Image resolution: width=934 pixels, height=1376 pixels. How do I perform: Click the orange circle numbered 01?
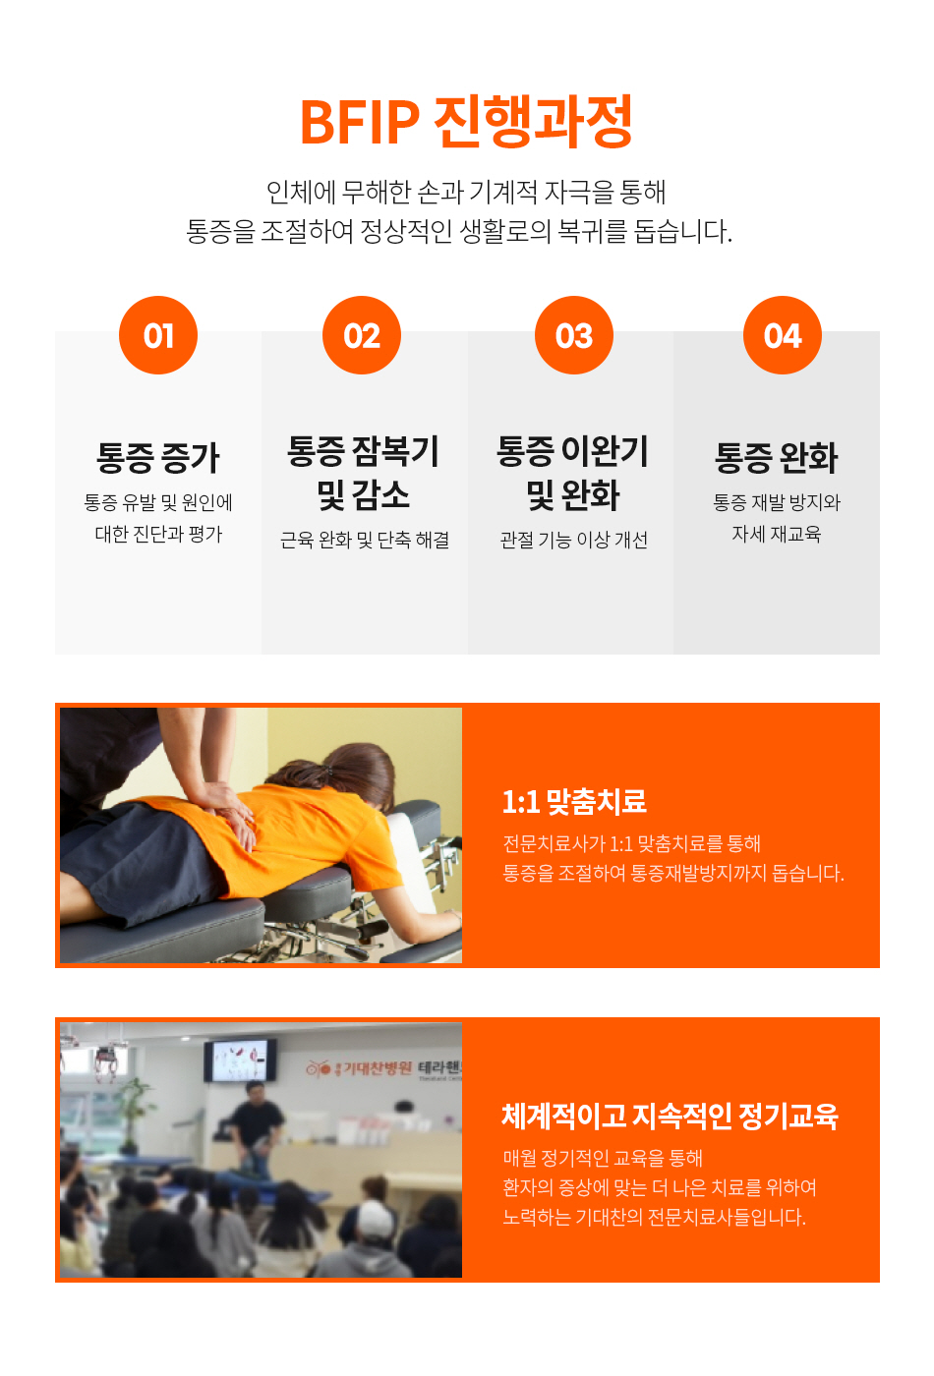pyautogui.click(x=158, y=335)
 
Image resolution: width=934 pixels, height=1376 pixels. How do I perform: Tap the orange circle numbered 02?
pyautogui.click(x=362, y=335)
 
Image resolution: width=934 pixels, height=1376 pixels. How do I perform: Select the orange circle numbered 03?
pyautogui.click(x=574, y=335)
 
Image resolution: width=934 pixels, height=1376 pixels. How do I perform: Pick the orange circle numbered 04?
pyautogui.click(x=783, y=335)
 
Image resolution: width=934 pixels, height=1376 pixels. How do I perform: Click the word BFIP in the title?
pyautogui.click(x=360, y=122)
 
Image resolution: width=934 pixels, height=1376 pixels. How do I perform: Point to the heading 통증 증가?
pyautogui.click(x=158, y=458)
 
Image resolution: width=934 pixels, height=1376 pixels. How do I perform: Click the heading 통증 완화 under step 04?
pyautogui.click(x=776, y=458)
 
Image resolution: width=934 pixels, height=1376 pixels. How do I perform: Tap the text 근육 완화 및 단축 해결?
pyautogui.click(x=365, y=540)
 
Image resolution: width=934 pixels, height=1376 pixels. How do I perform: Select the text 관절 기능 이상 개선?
pyautogui.click(x=574, y=540)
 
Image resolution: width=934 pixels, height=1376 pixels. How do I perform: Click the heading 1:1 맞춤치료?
pyautogui.click(x=574, y=801)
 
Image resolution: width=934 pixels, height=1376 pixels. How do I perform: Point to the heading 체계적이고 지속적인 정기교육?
pyautogui.click(x=670, y=1117)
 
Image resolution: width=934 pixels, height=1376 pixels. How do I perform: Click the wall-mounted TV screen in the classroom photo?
pyautogui.click(x=240, y=1061)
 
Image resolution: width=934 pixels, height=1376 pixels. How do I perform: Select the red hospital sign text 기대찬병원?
pyautogui.click(x=377, y=1068)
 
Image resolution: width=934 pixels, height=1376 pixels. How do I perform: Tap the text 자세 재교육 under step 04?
pyautogui.click(x=776, y=534)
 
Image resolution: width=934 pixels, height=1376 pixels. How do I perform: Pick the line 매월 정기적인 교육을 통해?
pyautogui.click(x=602, y=1158)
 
